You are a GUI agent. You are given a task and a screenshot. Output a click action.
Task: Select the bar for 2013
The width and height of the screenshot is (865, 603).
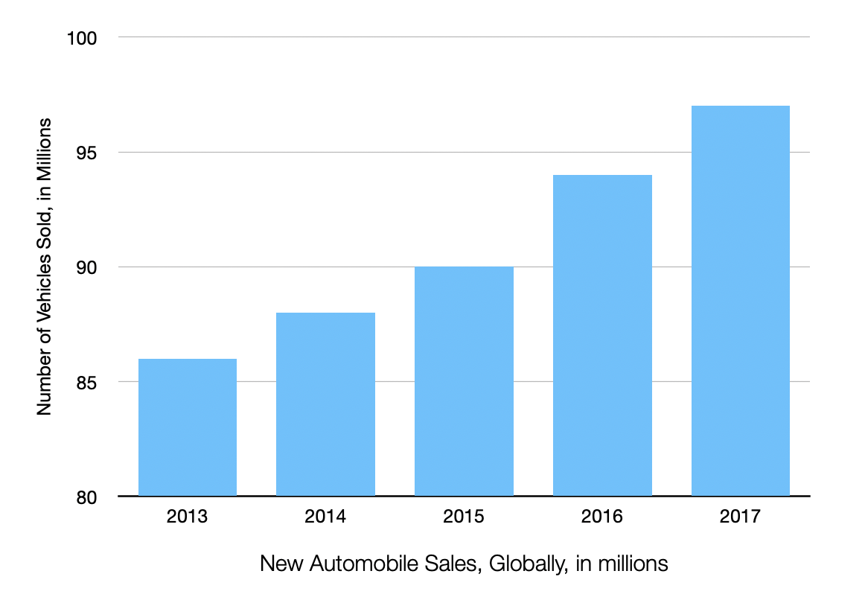tap(188, 427)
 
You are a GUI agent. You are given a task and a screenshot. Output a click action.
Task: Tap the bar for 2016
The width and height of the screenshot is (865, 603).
tap(602, 335)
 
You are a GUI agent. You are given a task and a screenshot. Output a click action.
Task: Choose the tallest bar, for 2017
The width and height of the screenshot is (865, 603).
tap(741, 301)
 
